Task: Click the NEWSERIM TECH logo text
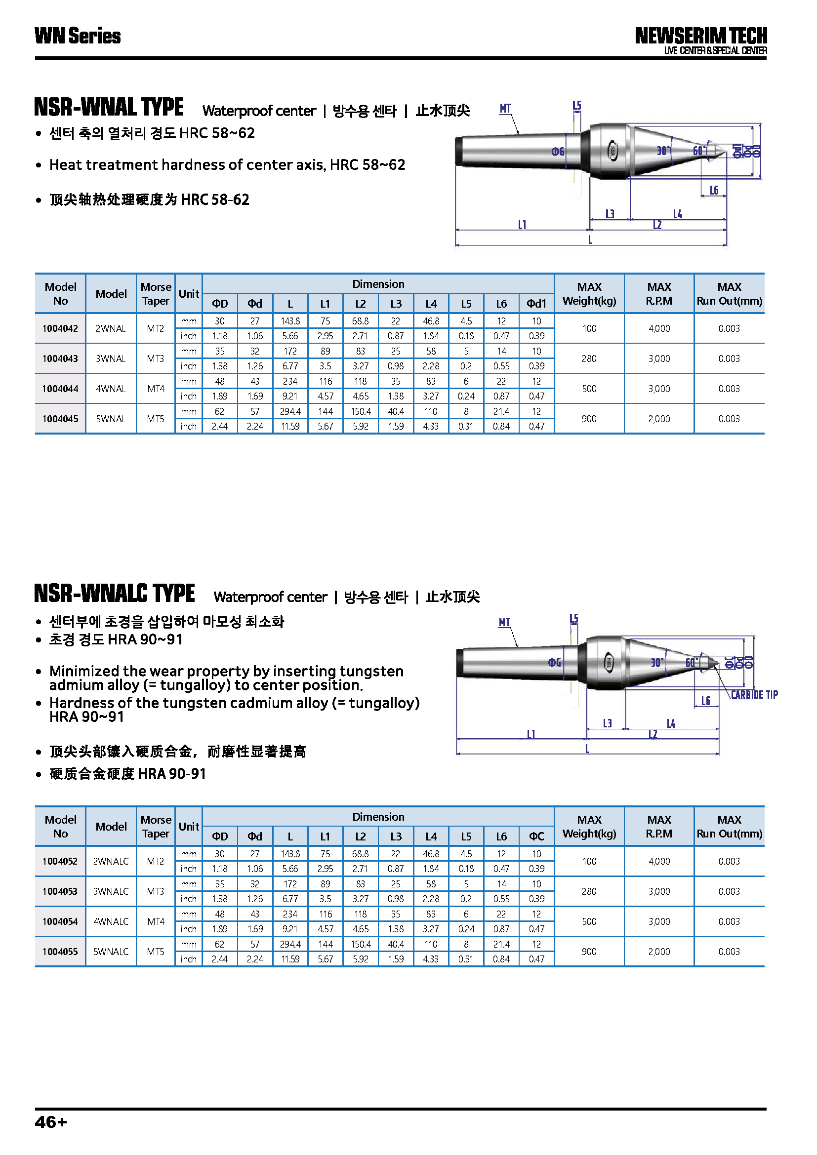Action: click(700, 36)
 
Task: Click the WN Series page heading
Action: click(78, 36)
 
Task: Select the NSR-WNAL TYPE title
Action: click(109, 107)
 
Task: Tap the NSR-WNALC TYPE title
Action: click(114, 594)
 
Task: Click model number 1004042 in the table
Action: click(60, 328)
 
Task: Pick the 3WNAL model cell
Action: click(111, 358)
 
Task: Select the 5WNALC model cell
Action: click(111, 952)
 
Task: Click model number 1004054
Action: click(60, 921)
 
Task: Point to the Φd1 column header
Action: click(536, 304)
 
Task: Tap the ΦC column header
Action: click(536, 836)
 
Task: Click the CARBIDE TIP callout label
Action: click(754, 695)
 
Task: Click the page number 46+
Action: click(51, 1122)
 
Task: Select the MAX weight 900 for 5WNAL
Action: click(589, 419)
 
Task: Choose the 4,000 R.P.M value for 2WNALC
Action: click(659, 861)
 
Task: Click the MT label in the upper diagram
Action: click(505, 109)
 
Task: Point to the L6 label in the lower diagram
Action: click(706, 701)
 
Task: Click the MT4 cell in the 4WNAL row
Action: click(156, 389)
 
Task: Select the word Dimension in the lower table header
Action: click(378, 817)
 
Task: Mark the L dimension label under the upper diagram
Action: click(590, 240)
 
